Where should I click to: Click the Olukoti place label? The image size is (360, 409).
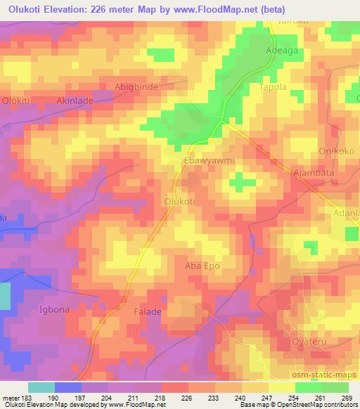(179, 201)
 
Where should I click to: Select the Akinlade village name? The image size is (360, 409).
(75, 100)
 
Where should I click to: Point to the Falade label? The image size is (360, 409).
(146, 310)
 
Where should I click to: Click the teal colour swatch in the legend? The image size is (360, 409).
(41, 387)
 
